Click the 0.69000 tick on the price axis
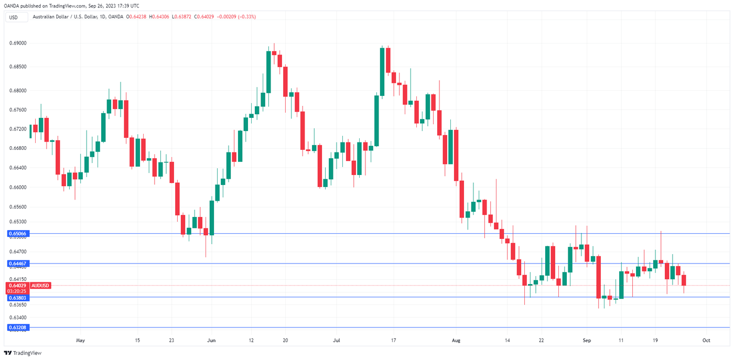19,43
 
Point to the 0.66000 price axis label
19,187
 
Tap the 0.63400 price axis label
19,318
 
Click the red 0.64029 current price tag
18,285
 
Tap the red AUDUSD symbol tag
40,285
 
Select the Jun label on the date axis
211,340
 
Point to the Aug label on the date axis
456,340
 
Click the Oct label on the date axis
706,340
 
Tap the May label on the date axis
80,340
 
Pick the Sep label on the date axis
587,340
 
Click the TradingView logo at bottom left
23,353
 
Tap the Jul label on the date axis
336,340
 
